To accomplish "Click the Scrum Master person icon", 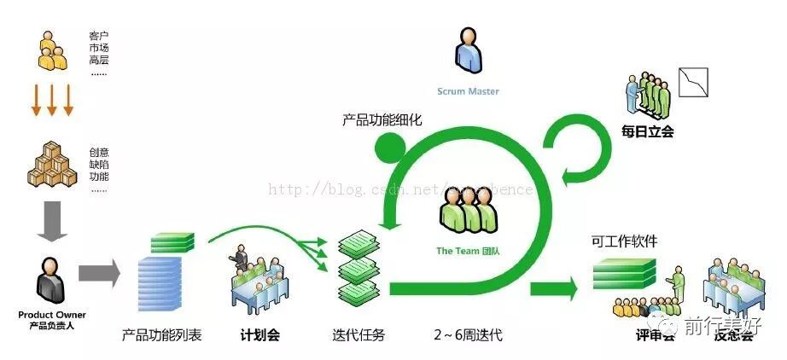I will click(467, 51).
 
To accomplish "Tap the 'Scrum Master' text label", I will click(468, 91).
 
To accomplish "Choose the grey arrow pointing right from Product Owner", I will click(99, 273).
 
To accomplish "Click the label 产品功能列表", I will click(162, 335).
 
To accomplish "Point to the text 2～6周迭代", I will click(468, 335).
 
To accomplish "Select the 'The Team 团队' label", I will click(467, 251).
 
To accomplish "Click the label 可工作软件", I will click(625, 241).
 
